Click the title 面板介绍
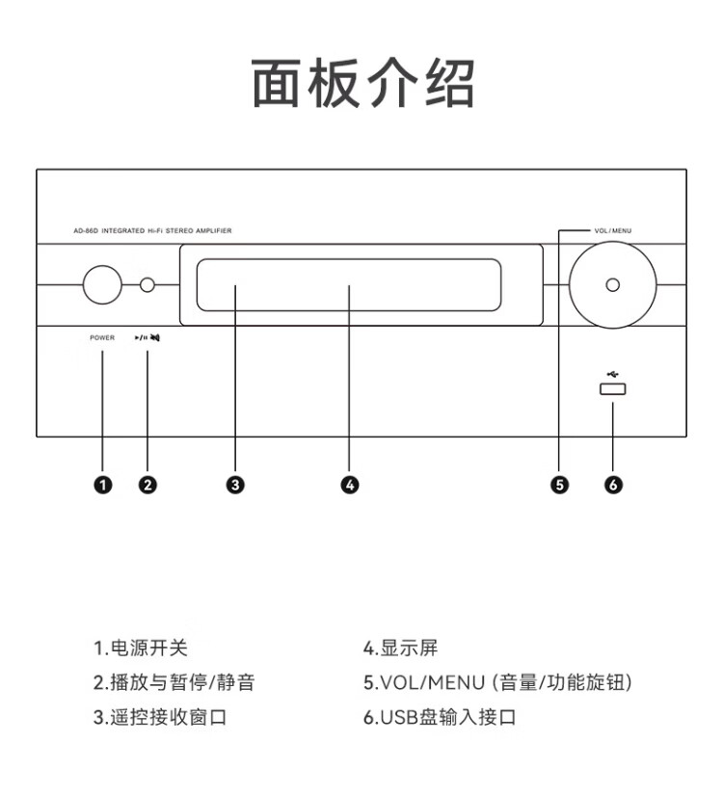362,83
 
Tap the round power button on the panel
102,284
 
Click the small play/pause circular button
147,284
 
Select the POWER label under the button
102,338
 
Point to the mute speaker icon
155,338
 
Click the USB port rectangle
613,389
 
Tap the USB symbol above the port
613,373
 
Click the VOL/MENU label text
613,231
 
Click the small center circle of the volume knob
613,284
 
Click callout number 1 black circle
102,485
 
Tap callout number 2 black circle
147,485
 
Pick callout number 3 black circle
235,485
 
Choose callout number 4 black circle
350,485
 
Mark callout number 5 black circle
560,485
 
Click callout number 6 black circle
613,485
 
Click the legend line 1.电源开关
140,649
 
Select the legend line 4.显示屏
400,649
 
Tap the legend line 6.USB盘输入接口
440,718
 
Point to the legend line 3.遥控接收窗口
160,718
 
